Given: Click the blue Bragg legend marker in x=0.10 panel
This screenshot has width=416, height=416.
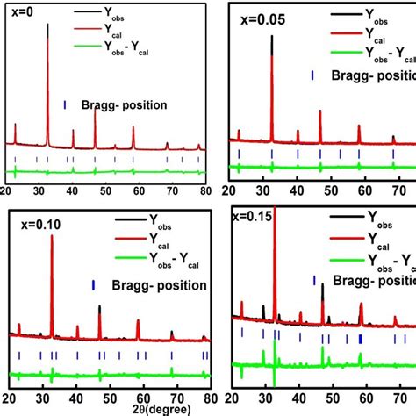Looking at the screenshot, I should pos(94,285).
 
